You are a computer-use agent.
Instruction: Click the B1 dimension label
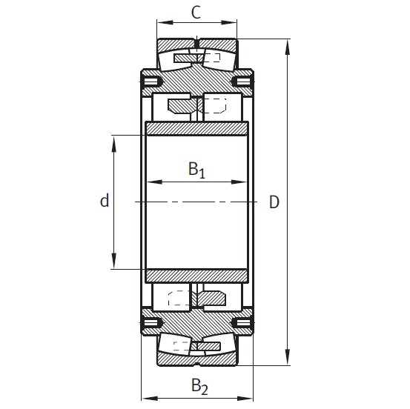pos(196,170)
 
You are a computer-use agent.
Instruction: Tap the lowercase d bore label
pos(105,201)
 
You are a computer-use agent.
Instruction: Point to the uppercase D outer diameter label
pos(274,202)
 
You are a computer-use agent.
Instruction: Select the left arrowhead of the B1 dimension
pos(151,181)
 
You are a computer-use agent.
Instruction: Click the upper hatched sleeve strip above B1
pos(196,129)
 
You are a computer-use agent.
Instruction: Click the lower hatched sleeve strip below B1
pos(196,275)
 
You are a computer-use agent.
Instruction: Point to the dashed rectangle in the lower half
pos(179,299)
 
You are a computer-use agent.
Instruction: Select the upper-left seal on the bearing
pos(151,80)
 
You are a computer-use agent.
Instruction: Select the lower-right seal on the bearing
pos(242,323)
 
